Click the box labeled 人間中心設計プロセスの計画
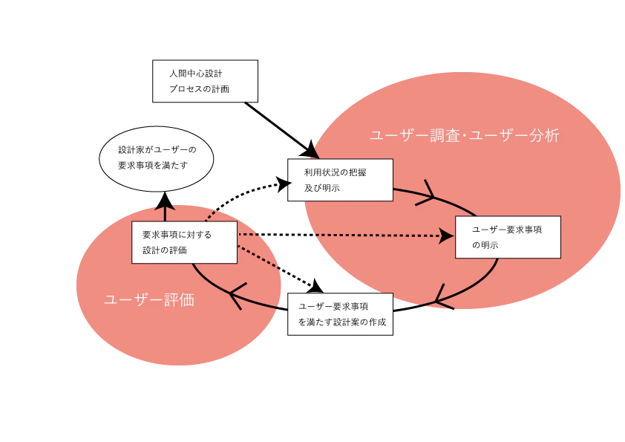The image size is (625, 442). click(205, 81)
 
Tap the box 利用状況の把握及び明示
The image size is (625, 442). click(340, 180)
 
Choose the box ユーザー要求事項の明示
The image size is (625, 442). click(508, 237)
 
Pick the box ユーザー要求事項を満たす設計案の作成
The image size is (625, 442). click(340, 314)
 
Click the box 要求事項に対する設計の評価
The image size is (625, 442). click(184, 242)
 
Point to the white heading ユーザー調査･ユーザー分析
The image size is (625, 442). click(465, 136)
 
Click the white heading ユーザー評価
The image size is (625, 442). click(149, 299)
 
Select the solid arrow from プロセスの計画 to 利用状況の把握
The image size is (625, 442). click(282, 131)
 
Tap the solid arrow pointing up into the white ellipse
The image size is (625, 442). click(165, 207)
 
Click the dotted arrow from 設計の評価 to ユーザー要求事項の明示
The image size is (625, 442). click(346, 235)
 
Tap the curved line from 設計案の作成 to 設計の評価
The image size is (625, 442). click(235, 296)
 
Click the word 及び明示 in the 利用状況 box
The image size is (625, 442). click(322, 188)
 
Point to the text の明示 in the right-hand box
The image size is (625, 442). click(485, 245)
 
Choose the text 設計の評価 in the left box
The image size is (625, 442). click(165, 250)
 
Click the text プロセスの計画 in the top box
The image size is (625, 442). click(199, 89)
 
